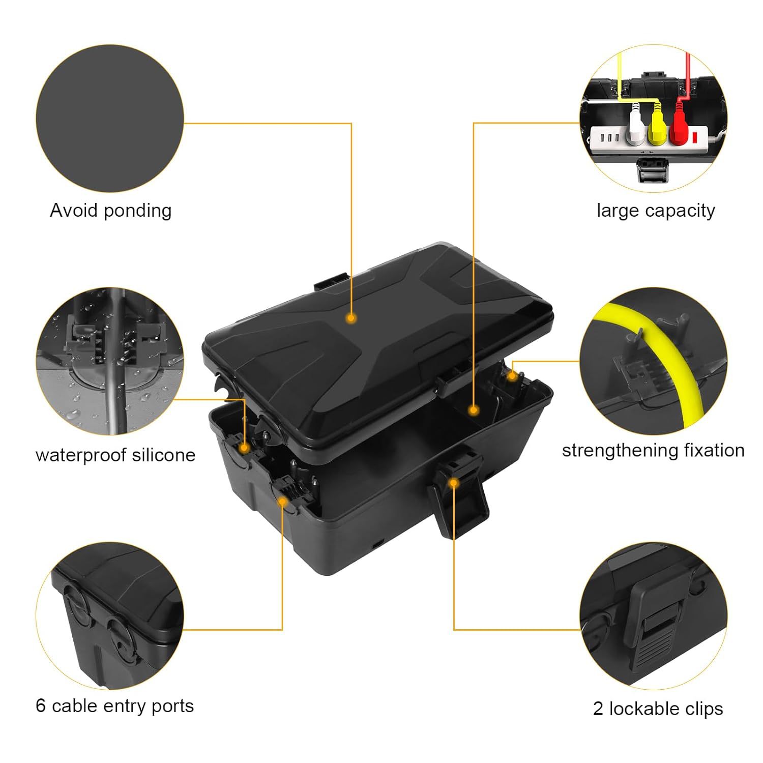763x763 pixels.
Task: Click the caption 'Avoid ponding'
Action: coord(110,210)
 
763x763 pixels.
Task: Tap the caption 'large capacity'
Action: coord(656,210)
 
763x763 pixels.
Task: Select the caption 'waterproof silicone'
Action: coord(115,455)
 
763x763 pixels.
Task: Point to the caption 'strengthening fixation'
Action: coord(653,450)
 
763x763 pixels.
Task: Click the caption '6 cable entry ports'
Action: coord(114,706)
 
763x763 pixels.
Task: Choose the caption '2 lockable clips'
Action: coord(658,708)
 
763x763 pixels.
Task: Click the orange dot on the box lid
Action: coord(350,318)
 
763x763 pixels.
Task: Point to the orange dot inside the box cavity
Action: coord(474,410)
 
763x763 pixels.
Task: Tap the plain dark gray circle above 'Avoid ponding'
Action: coord(110,118)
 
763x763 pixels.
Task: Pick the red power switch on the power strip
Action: coord(695,136)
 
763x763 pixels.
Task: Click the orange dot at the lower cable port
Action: coord(283,502)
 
